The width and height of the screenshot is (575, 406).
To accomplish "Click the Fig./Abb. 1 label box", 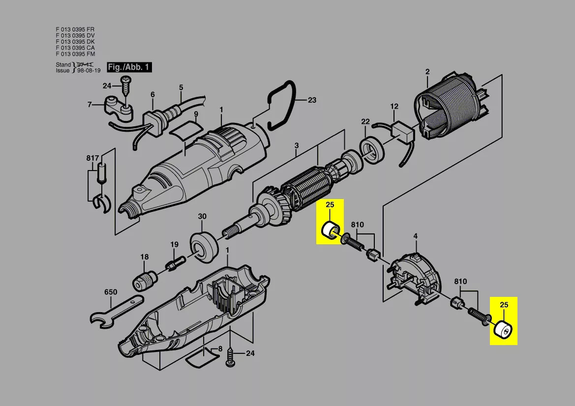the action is click(x=129, y=67).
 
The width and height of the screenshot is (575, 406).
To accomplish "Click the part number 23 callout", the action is click(x=312, y=100).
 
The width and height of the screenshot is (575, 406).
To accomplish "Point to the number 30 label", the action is click(x=203, y=217).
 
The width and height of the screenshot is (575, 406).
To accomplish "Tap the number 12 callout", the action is click(x=394, y=106).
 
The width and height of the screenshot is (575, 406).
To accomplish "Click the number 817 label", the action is click(x=92, y=158).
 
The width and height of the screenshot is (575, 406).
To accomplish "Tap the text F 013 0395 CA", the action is click(x=75, y=48).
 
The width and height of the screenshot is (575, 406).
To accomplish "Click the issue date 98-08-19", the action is click(x=89, y=70).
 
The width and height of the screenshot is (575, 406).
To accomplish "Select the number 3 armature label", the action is click(x=296, y=145).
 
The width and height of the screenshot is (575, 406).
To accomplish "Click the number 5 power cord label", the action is click(x=181, y=87).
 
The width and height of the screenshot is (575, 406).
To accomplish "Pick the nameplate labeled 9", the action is click(x=187, y=129).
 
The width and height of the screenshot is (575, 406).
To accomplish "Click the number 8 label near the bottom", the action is click(x=220, y=349).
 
